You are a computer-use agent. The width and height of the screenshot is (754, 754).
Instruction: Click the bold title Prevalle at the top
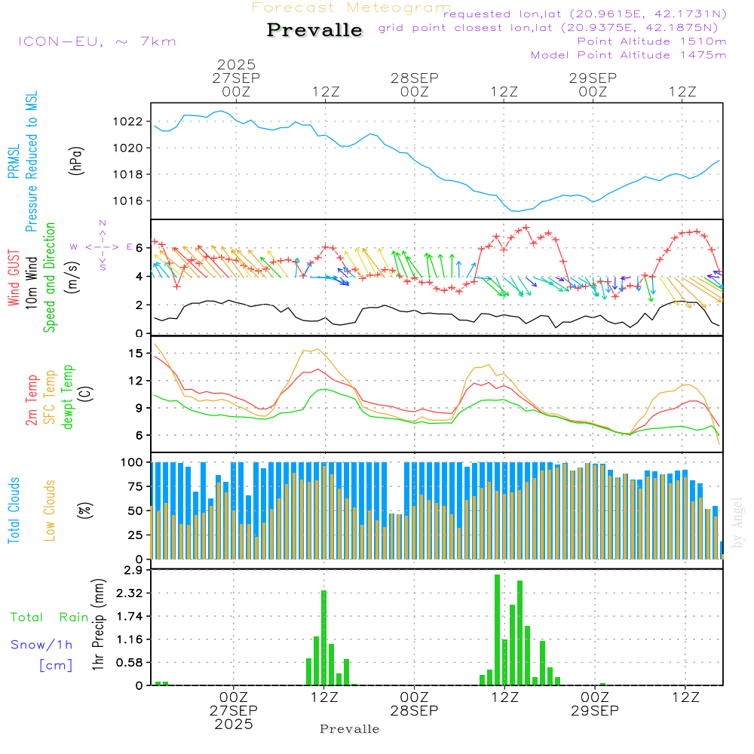(x=314, y=30)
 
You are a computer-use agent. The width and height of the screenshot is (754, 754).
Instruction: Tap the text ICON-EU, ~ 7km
(x=97, y=41)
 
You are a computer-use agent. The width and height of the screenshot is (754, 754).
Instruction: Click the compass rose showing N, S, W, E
(x=103, y=246)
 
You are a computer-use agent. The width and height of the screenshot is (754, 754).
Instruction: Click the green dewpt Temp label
(x=69, y=397)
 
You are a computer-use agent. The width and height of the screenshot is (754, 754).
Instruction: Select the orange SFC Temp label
(x=50, y=397)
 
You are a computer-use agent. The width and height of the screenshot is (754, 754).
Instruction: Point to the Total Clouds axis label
(x=14, y=510)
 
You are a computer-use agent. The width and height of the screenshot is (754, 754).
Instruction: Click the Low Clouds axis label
(x=50, y=510)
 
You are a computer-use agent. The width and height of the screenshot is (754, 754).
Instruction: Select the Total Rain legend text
(x=49, y=618)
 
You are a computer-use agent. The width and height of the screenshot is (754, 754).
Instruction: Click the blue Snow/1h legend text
(x=42, y=645)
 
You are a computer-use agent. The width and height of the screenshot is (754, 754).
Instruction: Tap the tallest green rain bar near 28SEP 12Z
(x=497, y=630)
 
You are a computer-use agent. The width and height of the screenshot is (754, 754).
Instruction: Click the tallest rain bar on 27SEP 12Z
(x=324, y=637)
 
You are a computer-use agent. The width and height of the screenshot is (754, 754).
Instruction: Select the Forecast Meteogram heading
(x=351, y=8)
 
